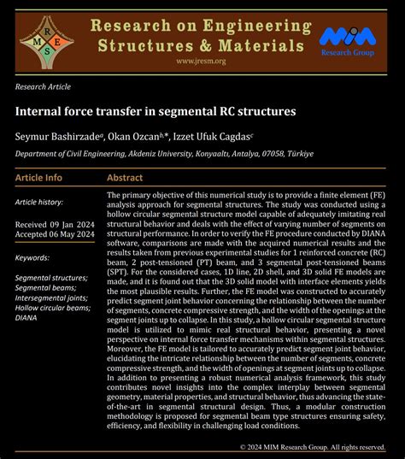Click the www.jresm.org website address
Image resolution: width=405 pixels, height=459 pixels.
click(x=201, y=62)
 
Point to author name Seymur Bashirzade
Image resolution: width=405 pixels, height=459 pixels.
click(x=57, y=135)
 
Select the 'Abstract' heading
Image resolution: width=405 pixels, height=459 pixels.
click(x=125, y=178)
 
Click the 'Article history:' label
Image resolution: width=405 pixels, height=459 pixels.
click(x=40, y=202)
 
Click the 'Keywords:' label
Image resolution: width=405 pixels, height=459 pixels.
click(x=33, y=256)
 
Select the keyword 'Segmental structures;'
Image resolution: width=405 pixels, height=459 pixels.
click(x=53, y=279)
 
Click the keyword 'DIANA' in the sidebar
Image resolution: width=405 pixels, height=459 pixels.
click(x=26, y=318)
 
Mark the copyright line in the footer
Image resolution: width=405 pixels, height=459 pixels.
click(x=313, y=447)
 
